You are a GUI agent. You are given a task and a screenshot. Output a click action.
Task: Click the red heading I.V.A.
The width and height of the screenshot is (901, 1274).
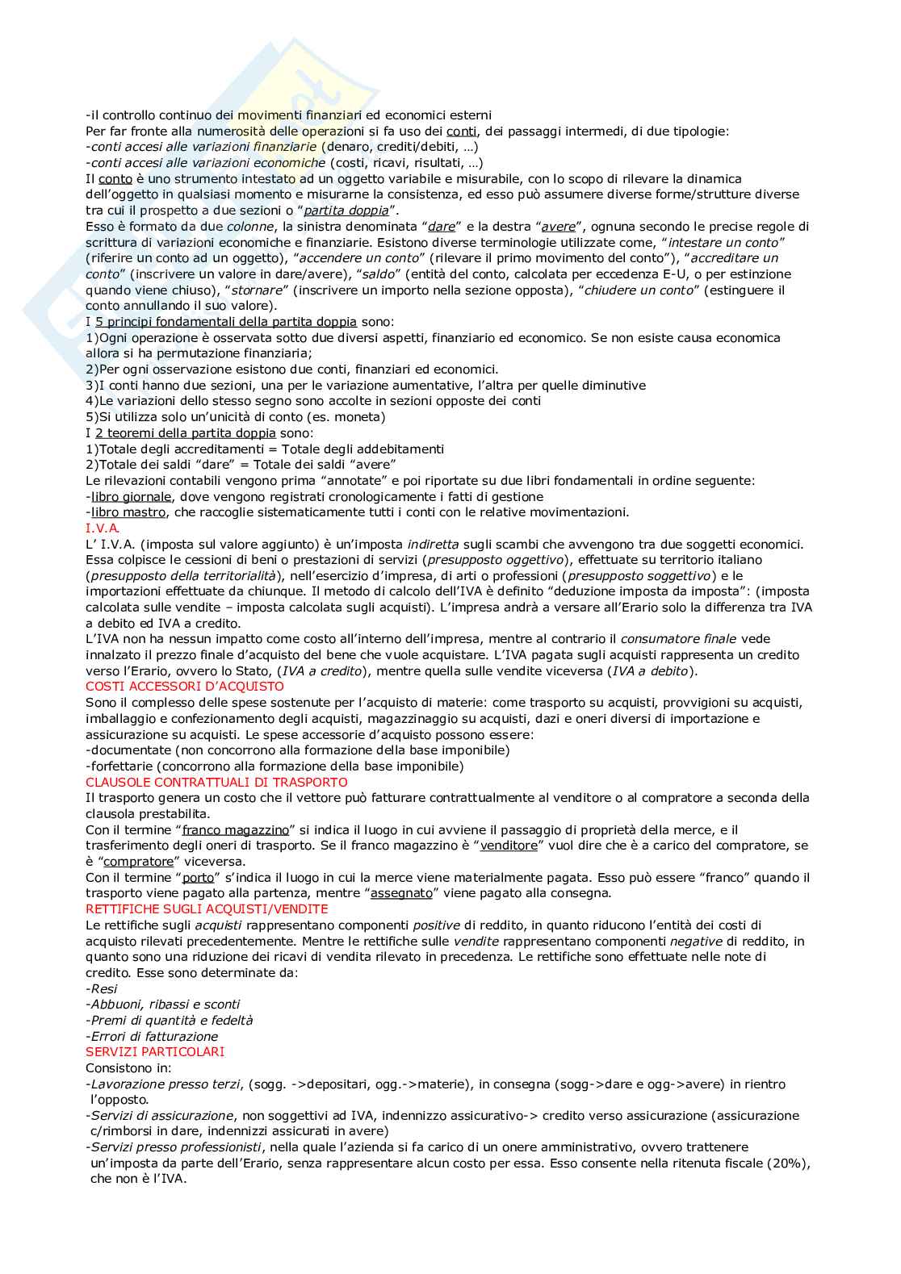[103, 528]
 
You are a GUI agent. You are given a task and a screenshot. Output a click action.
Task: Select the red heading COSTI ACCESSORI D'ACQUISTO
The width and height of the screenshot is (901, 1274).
[185, 687]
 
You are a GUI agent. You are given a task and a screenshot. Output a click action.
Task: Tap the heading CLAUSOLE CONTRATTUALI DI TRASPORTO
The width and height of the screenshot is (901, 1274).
[216, 782]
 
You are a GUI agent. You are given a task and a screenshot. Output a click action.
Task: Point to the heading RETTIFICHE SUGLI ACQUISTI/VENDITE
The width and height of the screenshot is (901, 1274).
[207, 909]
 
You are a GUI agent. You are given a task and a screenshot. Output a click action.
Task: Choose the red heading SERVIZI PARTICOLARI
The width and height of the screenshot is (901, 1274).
[155, 1052]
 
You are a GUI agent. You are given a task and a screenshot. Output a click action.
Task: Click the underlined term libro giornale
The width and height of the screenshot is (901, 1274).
[131, 497]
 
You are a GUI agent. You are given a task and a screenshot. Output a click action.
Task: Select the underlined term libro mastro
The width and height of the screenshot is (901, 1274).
[128, 512]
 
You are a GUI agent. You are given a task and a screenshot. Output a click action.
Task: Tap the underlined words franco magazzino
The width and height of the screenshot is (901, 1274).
[235, 829]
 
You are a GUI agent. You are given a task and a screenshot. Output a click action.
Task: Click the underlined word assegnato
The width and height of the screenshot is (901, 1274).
[401, 893]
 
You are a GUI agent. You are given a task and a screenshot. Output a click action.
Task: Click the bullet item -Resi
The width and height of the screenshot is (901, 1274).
[102, 988]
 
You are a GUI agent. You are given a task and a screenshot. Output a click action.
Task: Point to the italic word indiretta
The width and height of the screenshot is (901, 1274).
[433, 544]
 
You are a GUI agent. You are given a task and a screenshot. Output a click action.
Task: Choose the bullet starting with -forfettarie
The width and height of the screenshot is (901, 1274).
[274, 766]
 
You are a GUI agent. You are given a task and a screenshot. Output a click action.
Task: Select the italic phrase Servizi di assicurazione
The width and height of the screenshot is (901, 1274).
[161, 1116]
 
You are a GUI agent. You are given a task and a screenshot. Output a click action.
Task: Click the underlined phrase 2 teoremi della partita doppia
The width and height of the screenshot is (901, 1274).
[185, 433]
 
